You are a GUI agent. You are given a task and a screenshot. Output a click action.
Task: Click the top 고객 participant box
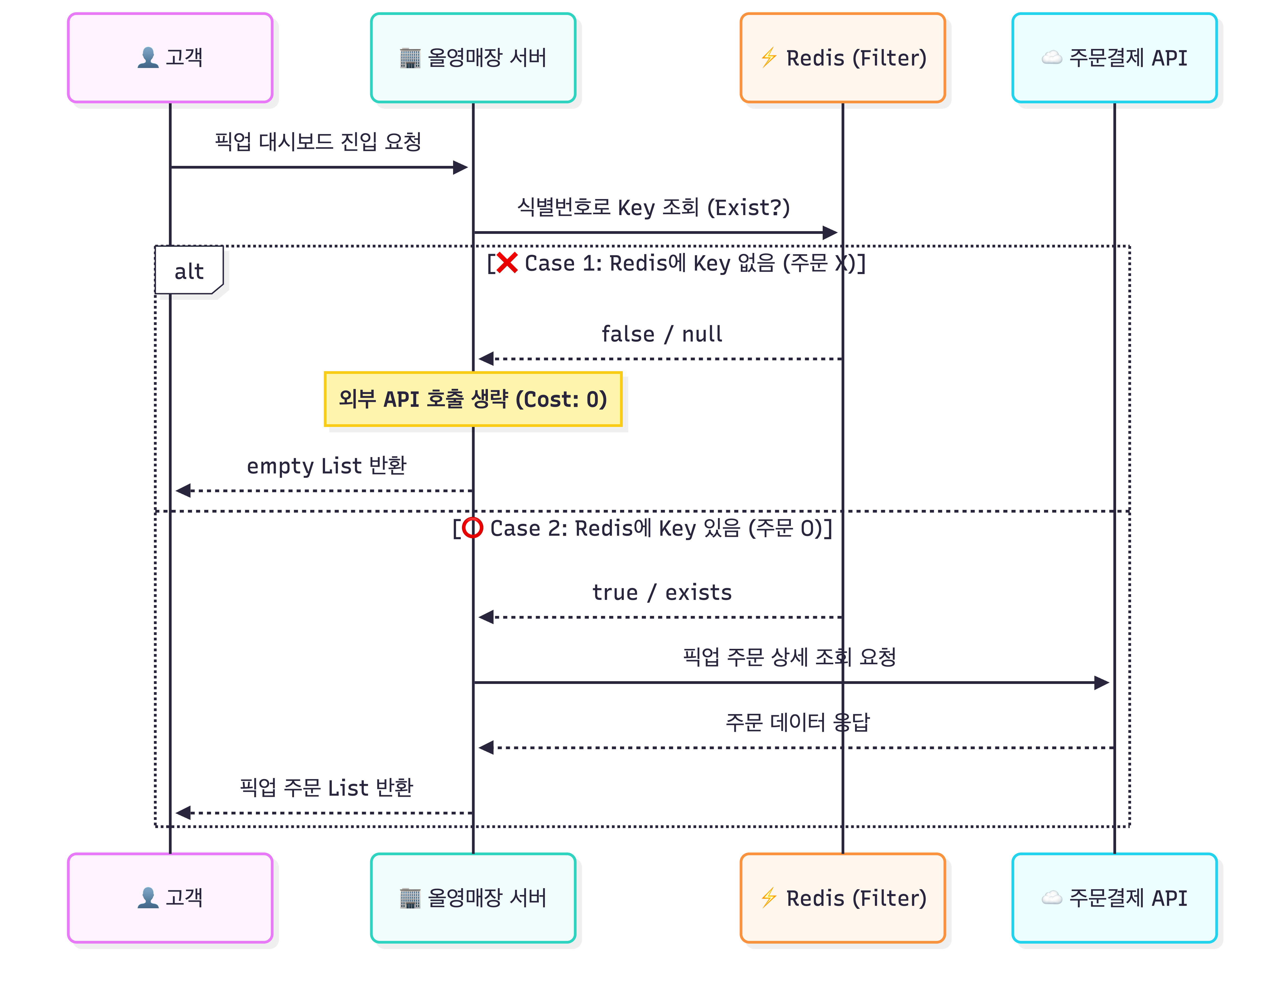click(170, 58)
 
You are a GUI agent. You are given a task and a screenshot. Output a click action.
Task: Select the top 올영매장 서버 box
click(473, 58)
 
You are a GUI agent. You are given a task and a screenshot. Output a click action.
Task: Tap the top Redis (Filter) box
click(843, 58)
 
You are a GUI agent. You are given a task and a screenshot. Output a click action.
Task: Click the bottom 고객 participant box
click(170, 897)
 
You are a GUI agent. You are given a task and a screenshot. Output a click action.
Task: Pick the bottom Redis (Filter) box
click(843, 897)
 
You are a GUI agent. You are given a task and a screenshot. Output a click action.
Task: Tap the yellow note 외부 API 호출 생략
click(473, 399)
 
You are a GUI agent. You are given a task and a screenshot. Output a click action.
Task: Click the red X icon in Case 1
click(507, 263)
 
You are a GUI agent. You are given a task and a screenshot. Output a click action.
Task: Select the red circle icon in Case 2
click(472, 528)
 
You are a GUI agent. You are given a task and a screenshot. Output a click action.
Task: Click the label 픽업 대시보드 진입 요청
click(318, 141)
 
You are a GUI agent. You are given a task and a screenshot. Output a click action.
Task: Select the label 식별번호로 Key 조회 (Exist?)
click(653, 207)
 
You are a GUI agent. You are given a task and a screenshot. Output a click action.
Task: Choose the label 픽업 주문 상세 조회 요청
click(789, 657)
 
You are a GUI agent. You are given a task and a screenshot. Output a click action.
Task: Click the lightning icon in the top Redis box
click(768, 58)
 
